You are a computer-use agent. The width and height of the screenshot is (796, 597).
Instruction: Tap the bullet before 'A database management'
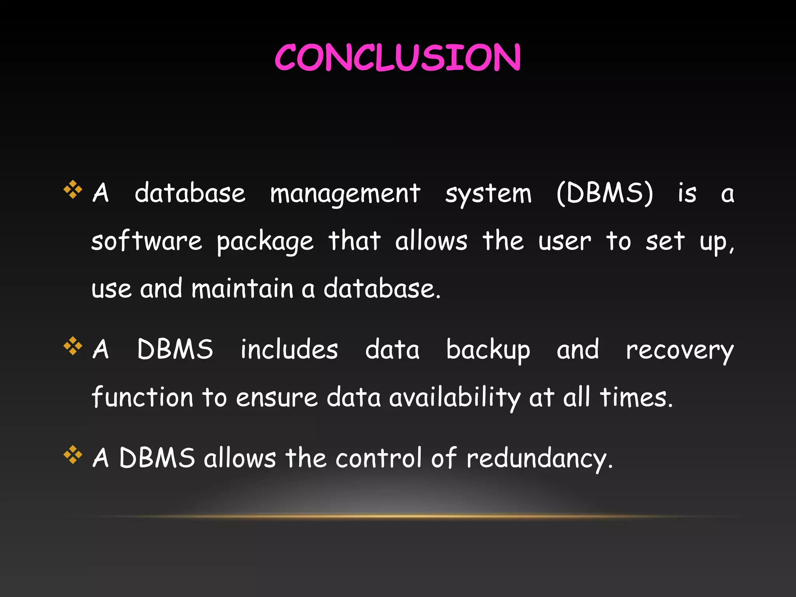tap(73, 190)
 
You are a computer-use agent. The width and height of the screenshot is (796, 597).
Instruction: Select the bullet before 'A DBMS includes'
tap(73, 346)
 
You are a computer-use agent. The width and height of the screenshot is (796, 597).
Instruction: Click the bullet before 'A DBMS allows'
tap(73, 455)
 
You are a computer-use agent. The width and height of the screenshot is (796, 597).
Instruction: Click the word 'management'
tap(345, 194)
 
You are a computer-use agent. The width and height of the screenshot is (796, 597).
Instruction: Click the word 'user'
tap(564, 242)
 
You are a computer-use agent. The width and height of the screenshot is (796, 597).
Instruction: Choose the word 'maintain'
tap(243, 289)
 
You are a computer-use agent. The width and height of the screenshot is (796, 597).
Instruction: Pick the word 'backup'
tap(488, 350)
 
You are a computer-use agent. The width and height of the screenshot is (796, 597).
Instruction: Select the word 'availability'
tap(455, 398)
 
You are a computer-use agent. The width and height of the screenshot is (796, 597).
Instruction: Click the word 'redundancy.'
tap(539, 459)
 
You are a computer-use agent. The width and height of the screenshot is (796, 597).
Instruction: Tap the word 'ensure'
tap(277, 398)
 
